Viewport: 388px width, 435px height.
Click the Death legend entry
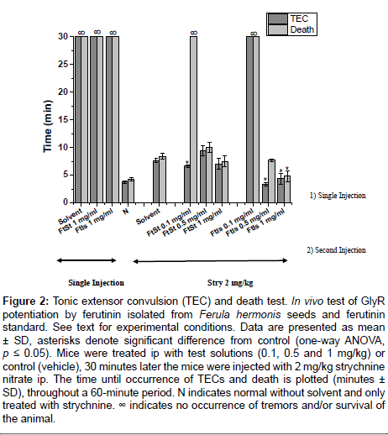coord(291,29)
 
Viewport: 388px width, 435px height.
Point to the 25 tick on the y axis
coord(72,64)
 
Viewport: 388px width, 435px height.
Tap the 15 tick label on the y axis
coord(63,119)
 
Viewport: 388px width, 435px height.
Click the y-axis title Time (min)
coord(48,126)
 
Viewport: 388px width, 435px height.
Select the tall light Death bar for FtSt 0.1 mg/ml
coord(193,119)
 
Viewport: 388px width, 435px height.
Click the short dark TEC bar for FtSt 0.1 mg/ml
coord(187,184)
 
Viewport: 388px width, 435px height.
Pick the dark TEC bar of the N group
coord(125,192)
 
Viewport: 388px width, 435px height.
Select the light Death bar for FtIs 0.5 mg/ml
coord(271,181)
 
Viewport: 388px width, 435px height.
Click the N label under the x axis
coord(125,211)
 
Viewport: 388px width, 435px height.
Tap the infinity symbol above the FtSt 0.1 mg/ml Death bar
coord(194,33)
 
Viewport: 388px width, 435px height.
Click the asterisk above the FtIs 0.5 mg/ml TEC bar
coord(265,179)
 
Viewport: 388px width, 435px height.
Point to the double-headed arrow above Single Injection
coord(87,260)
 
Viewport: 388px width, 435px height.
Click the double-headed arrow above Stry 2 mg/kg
coord(210,261)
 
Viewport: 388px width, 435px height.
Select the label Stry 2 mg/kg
coord(230,283)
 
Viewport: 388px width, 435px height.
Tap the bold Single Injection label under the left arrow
coord(97,283)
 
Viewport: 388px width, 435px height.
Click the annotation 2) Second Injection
coord(336,250)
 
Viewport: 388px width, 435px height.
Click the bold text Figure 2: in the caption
coord(26,301)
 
